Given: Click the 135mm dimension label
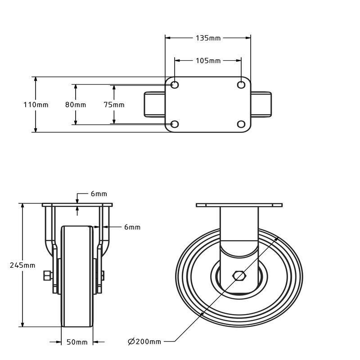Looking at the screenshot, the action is tap(208, 38).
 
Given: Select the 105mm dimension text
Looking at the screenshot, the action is tap(208, 61).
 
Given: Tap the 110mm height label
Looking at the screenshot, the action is tap(36, 105).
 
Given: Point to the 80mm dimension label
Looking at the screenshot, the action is tap(76, 105).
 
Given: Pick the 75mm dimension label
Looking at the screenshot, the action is tap(114, 105).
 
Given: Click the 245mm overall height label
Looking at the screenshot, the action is tap(22, 265).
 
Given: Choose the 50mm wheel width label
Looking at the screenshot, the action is tap(77, 342).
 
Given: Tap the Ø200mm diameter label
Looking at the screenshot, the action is tap(144, 342).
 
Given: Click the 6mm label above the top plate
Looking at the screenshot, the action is tap(99, 194).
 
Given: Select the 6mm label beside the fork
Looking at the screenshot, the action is tap(132, 227).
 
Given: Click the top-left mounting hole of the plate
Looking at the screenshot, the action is tap(175, 85).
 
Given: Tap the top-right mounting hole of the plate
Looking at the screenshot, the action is tap(241, 85).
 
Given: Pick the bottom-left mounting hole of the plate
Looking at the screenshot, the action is tap(175, 124).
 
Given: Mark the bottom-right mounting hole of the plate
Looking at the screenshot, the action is tap(241, 124).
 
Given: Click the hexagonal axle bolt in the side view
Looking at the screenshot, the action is tap(239, 275).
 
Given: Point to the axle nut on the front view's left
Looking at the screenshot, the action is tap(47, 275).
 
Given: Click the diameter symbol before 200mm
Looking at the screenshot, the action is tap(131, 342).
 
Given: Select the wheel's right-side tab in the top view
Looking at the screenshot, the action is tap(261, 104).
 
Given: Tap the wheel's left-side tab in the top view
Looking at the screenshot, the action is tap(154, 104).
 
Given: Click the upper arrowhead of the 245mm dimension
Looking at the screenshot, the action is tap(22, 206).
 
